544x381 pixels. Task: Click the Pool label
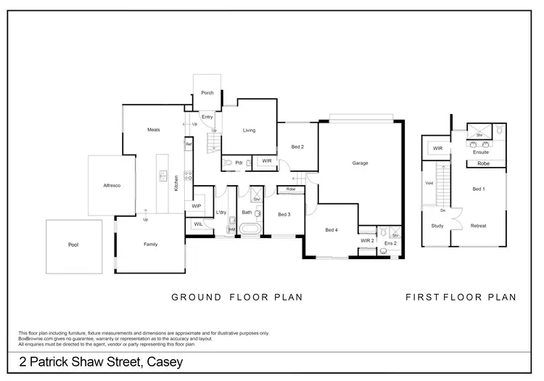point(73,245)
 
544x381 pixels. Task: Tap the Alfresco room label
point(111,187)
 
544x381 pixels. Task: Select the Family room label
point(150,245)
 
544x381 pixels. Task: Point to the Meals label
point(153,130)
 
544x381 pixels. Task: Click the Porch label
point(207,94)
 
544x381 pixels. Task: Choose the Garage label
point(360,163)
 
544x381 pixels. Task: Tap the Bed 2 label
point(297,147)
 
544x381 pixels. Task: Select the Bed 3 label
point(284,215)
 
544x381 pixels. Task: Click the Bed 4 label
point(331,231)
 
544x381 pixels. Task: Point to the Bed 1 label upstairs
point(478,189)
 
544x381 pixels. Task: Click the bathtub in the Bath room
point(252,231)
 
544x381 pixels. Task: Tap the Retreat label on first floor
point(478,226)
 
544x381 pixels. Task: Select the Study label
point(437,226)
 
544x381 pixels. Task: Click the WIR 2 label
point(366,240)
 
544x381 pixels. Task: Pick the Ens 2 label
point(390,244)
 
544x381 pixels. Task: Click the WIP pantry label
point(196,206)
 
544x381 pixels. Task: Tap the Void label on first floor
point(429,184)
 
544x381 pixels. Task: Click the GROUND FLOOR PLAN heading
point(236,297)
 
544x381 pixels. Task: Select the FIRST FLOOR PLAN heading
point(461,297)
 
